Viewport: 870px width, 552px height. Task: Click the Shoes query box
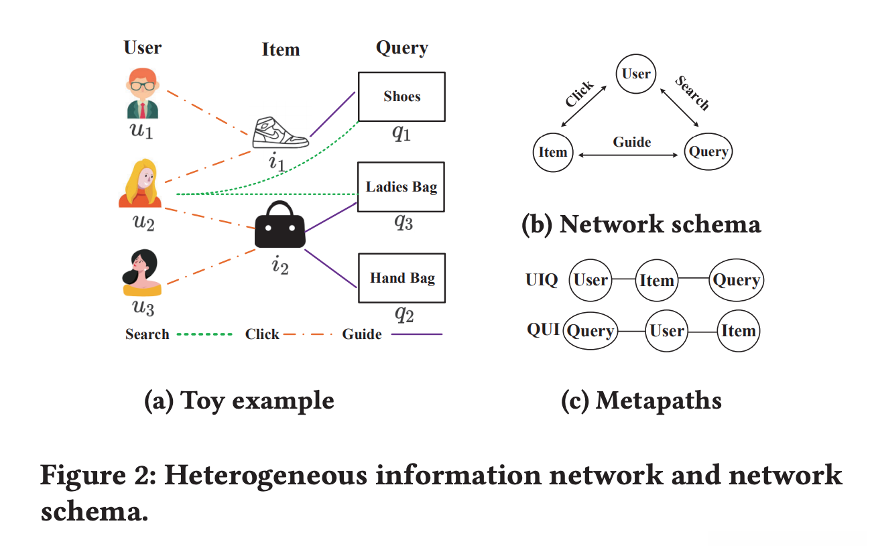tap(401, 96)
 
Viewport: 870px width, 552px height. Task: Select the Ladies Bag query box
tap(401, 187)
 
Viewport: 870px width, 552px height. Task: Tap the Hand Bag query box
tap(401, 277)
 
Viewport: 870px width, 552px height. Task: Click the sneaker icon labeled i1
tap(280, 133)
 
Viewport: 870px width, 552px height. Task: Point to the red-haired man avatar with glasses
tap(141, 93)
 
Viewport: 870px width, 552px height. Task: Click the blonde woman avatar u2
tap(140, 184)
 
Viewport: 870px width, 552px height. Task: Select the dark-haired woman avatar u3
tap(141, 273)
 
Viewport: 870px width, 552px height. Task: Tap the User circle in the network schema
tap(635, 74)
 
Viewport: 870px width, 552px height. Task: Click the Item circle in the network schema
tap(553, 152)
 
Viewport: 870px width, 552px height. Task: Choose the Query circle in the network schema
tap(708, 152)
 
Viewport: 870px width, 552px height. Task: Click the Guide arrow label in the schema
tap(631, 142)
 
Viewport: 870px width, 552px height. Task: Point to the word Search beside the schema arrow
tap(692, 92)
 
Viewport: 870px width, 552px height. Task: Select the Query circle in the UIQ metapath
tap(736, 281)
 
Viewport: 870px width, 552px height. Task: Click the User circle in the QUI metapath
tap(666, 330)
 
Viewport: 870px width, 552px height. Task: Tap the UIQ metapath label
tap(542, 281)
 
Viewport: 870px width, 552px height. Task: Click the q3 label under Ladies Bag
tap(403, 223)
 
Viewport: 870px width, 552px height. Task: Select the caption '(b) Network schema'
tap(641, 224)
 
